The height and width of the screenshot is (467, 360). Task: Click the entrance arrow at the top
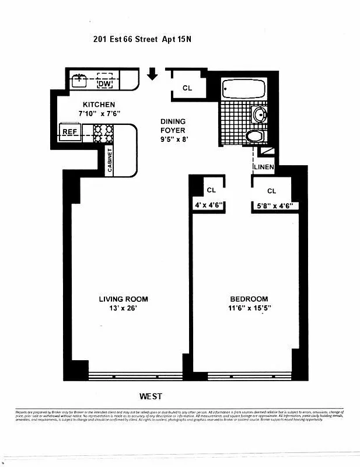pyautogui.click(x=153, y=74)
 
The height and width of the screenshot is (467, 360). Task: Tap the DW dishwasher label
pyautogui.click(x=105, y=83)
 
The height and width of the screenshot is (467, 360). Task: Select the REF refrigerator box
pyautogui.click(x=69, y=132)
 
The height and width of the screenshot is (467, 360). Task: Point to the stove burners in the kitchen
pyautogui.click(x=103, y=134)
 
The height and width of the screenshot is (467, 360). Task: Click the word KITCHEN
pyautogui.click(x=86, y=104)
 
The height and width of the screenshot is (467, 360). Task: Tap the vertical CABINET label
pyautogui.click(x=110, y=159)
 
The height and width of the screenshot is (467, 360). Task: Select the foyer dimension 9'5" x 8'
pyautogui.click(x=174, y=140)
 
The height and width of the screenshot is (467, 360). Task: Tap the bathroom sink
pyautogui.click(x=260, y=113)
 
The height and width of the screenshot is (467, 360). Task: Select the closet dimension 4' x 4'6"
pyautogui.click(x=209, y=205)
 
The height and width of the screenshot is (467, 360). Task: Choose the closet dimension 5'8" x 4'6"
pyautogui.click(x=274, y=205)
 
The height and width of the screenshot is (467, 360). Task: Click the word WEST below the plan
pyautogui.click(x=151, y=396)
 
